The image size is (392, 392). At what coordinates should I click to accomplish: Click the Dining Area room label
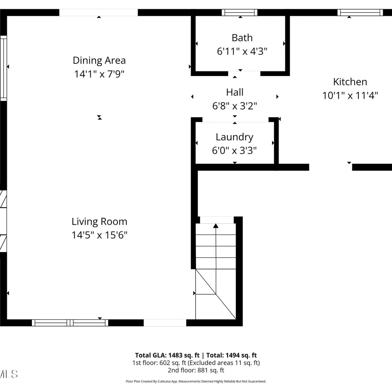point(99,60)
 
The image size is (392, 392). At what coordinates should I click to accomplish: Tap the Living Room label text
point(99,222)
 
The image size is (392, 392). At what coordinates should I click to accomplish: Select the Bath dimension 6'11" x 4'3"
point(242,51)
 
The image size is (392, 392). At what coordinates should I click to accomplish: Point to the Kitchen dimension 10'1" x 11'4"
point(350,95)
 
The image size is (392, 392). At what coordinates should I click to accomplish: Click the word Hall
point(235,92)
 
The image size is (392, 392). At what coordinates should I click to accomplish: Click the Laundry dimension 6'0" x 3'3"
point(234,151)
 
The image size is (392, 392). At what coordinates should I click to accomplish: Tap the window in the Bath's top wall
point(240,13)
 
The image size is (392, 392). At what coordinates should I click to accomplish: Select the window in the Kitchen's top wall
point(360,13)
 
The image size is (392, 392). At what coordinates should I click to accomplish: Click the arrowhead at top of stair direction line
point(216,226)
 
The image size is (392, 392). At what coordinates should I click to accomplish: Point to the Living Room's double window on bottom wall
point(70,323)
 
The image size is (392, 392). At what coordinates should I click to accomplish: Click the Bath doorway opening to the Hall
point(244,73)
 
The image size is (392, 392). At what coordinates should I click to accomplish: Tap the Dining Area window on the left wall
point(3,68)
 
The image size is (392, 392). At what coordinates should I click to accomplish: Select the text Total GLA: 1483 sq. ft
point(167,355)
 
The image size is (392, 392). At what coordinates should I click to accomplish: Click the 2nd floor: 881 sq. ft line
point(196,370)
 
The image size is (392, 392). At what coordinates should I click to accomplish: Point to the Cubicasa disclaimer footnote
point(196,382)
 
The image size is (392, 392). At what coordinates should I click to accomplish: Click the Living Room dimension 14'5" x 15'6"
point(99,235)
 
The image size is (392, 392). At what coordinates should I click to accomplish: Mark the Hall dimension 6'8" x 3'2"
point(235,106)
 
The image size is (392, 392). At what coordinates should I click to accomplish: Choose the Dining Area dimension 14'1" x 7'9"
point(99,74)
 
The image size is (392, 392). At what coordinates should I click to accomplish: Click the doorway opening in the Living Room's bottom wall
point(165,323)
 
